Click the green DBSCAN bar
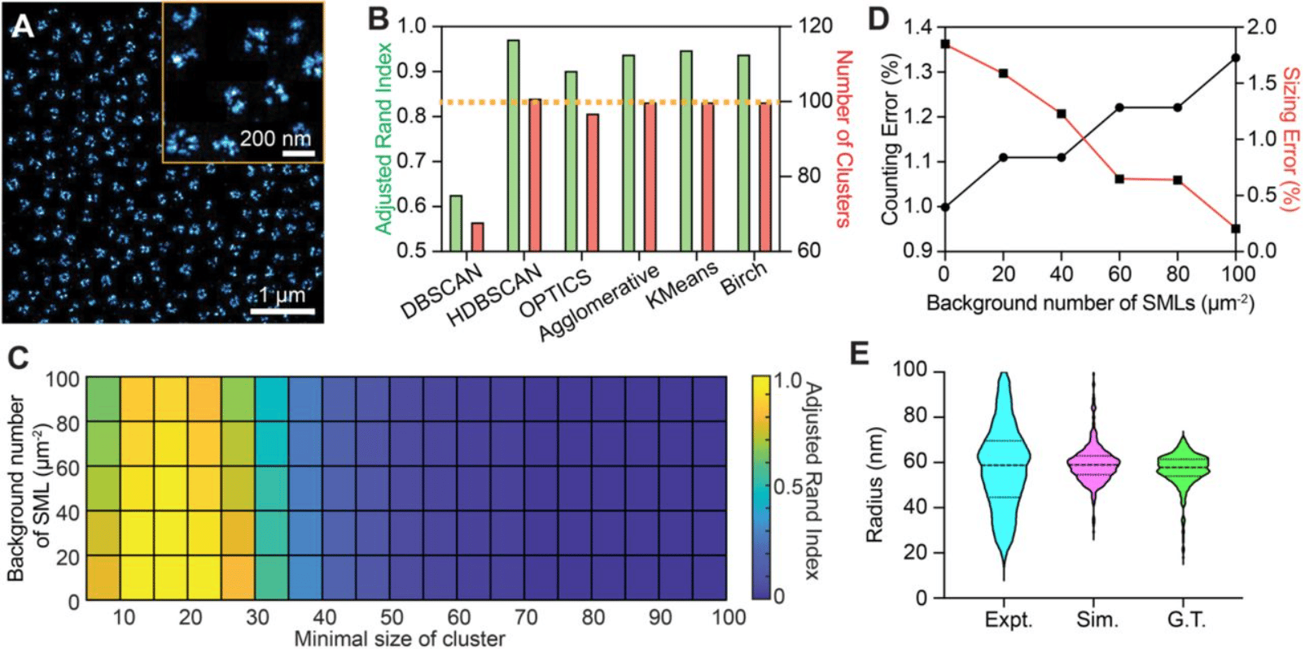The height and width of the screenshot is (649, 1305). click(x=456, y=223)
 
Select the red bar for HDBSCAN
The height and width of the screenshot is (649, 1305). click(x=534, y=175)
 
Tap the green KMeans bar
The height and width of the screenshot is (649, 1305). click(x=686, y=150)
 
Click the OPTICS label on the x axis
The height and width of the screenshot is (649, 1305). click(x=556, y=294)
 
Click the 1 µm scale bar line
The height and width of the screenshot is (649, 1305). click(x=282, y=310)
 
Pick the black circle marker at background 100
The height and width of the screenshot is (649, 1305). click(x=1236, y=58)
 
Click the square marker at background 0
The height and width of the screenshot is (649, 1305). click(x=944, y=44)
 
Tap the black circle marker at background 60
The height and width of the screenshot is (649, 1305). click(x=1119, y=107)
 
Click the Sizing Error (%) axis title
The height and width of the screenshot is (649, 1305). click(x=1290, y=139)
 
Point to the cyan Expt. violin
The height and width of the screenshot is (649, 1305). click(x=1005, y=472)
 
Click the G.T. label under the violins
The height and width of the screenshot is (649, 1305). click(x=1186, y=620)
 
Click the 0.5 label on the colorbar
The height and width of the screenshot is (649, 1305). click(x=786, y=487)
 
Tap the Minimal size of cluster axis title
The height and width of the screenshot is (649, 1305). click(x=399, y=639)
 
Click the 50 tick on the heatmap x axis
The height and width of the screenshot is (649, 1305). click(x=392, y=618)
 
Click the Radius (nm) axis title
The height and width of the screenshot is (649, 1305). click(x=875, y=485)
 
